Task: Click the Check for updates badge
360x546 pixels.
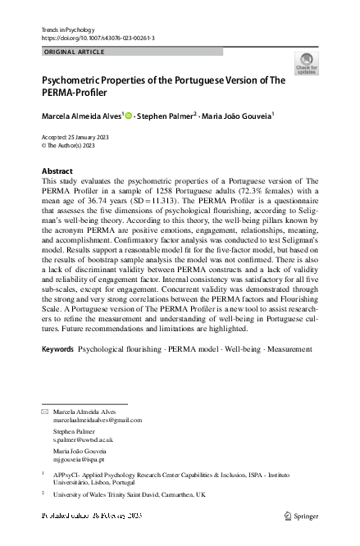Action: pyautogui.click(x=306, y=64)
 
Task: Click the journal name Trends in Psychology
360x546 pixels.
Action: pyautogui.click(x=66, y=30)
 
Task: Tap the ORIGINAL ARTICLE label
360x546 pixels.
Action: pyautogui.click(x=73, y=52)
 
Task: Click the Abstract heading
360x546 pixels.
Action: pyautogui.click(x=57, y=171)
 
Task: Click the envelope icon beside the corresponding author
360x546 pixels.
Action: pyautogui.click(x=45, y=411)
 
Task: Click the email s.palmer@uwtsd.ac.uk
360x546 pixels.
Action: pyautogui.click(x=83, y=439)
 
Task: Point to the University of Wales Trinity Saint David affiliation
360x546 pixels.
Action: pyautogui.click(x=129, y=495)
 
